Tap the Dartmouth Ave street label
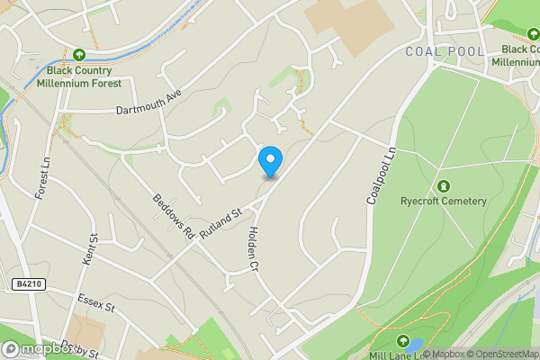[x=149, y=103]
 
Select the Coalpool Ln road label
[x=381, y=176]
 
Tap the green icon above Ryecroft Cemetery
[x=443, y=185]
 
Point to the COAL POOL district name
[x=445, y=51]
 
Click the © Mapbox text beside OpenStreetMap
[x=447, y=354]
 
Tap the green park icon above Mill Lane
[x=401, y=339]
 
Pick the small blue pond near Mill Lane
[x=415, y=344]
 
